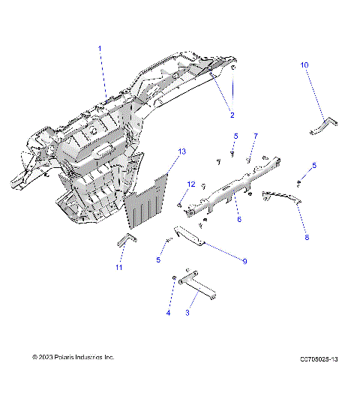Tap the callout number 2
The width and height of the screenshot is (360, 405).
(232, 115)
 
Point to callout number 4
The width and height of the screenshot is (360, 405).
(168, 313)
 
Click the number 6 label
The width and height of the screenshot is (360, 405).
(239, 220)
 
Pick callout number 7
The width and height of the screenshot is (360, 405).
(255, 136)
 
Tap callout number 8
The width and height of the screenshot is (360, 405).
(305, 236)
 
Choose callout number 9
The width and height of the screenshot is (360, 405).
(244, 261)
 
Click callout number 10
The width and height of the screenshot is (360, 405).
(304, 65)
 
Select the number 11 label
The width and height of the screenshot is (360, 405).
(118, 267)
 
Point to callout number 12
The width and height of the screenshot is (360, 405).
(190, 184)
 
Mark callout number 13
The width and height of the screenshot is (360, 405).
(181, 151)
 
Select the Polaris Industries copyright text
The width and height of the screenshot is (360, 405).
(73, 358)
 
